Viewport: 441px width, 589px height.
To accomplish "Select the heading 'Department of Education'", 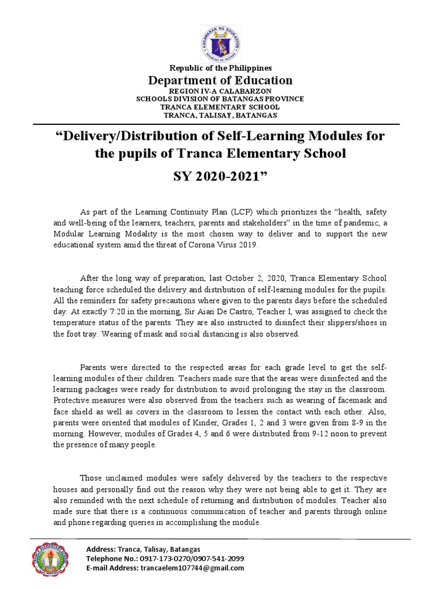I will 220,80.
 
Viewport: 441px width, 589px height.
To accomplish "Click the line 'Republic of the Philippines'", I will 220,68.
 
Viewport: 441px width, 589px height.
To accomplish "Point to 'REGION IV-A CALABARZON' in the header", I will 220,91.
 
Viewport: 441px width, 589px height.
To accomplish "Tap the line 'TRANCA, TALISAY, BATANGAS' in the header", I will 220,115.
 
